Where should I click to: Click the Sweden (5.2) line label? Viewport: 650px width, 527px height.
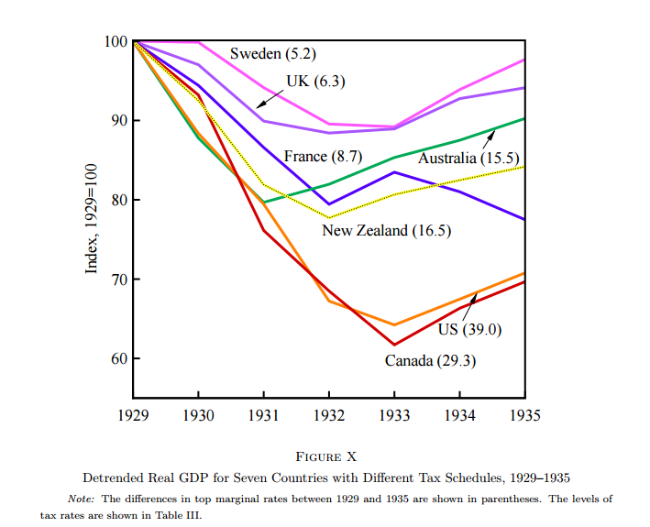pos(267,54)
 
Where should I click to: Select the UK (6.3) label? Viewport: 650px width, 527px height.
pos(315,81)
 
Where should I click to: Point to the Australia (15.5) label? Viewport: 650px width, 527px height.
pos(469,159)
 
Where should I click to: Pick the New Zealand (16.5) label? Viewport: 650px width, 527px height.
pos(386,230)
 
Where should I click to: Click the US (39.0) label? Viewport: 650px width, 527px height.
pos(470,329)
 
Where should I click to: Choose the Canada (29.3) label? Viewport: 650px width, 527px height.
pos(429,360)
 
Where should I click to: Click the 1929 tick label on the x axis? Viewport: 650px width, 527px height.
pos(134,416)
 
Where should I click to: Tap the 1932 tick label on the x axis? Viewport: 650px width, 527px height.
pos(329,416)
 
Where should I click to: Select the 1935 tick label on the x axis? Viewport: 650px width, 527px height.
pos(524,416)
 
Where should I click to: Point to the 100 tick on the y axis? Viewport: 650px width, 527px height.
pos(116,42)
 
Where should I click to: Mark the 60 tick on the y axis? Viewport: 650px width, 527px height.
pos(119,358)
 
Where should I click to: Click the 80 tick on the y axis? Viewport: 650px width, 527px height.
pos(119,201)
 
